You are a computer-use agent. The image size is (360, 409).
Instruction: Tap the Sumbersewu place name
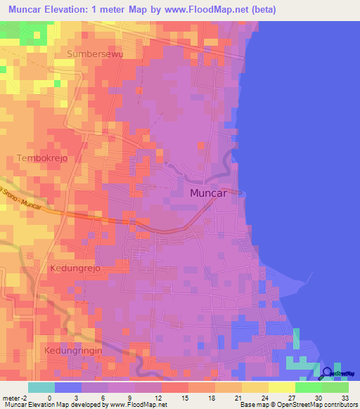[x=94, y=53]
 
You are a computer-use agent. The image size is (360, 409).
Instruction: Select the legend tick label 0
[x=49, y=398]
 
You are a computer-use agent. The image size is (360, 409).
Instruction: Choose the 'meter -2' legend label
[x=13, y=398]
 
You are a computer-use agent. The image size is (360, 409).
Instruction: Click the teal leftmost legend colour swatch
[x=41, y=387]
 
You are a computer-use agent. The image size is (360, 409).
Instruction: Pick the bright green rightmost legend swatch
[x=335, y=387]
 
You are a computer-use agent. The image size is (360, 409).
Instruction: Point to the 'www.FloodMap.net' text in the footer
[x=132, y=405]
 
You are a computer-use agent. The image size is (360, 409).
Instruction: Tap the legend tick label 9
[x=129, y=398]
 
